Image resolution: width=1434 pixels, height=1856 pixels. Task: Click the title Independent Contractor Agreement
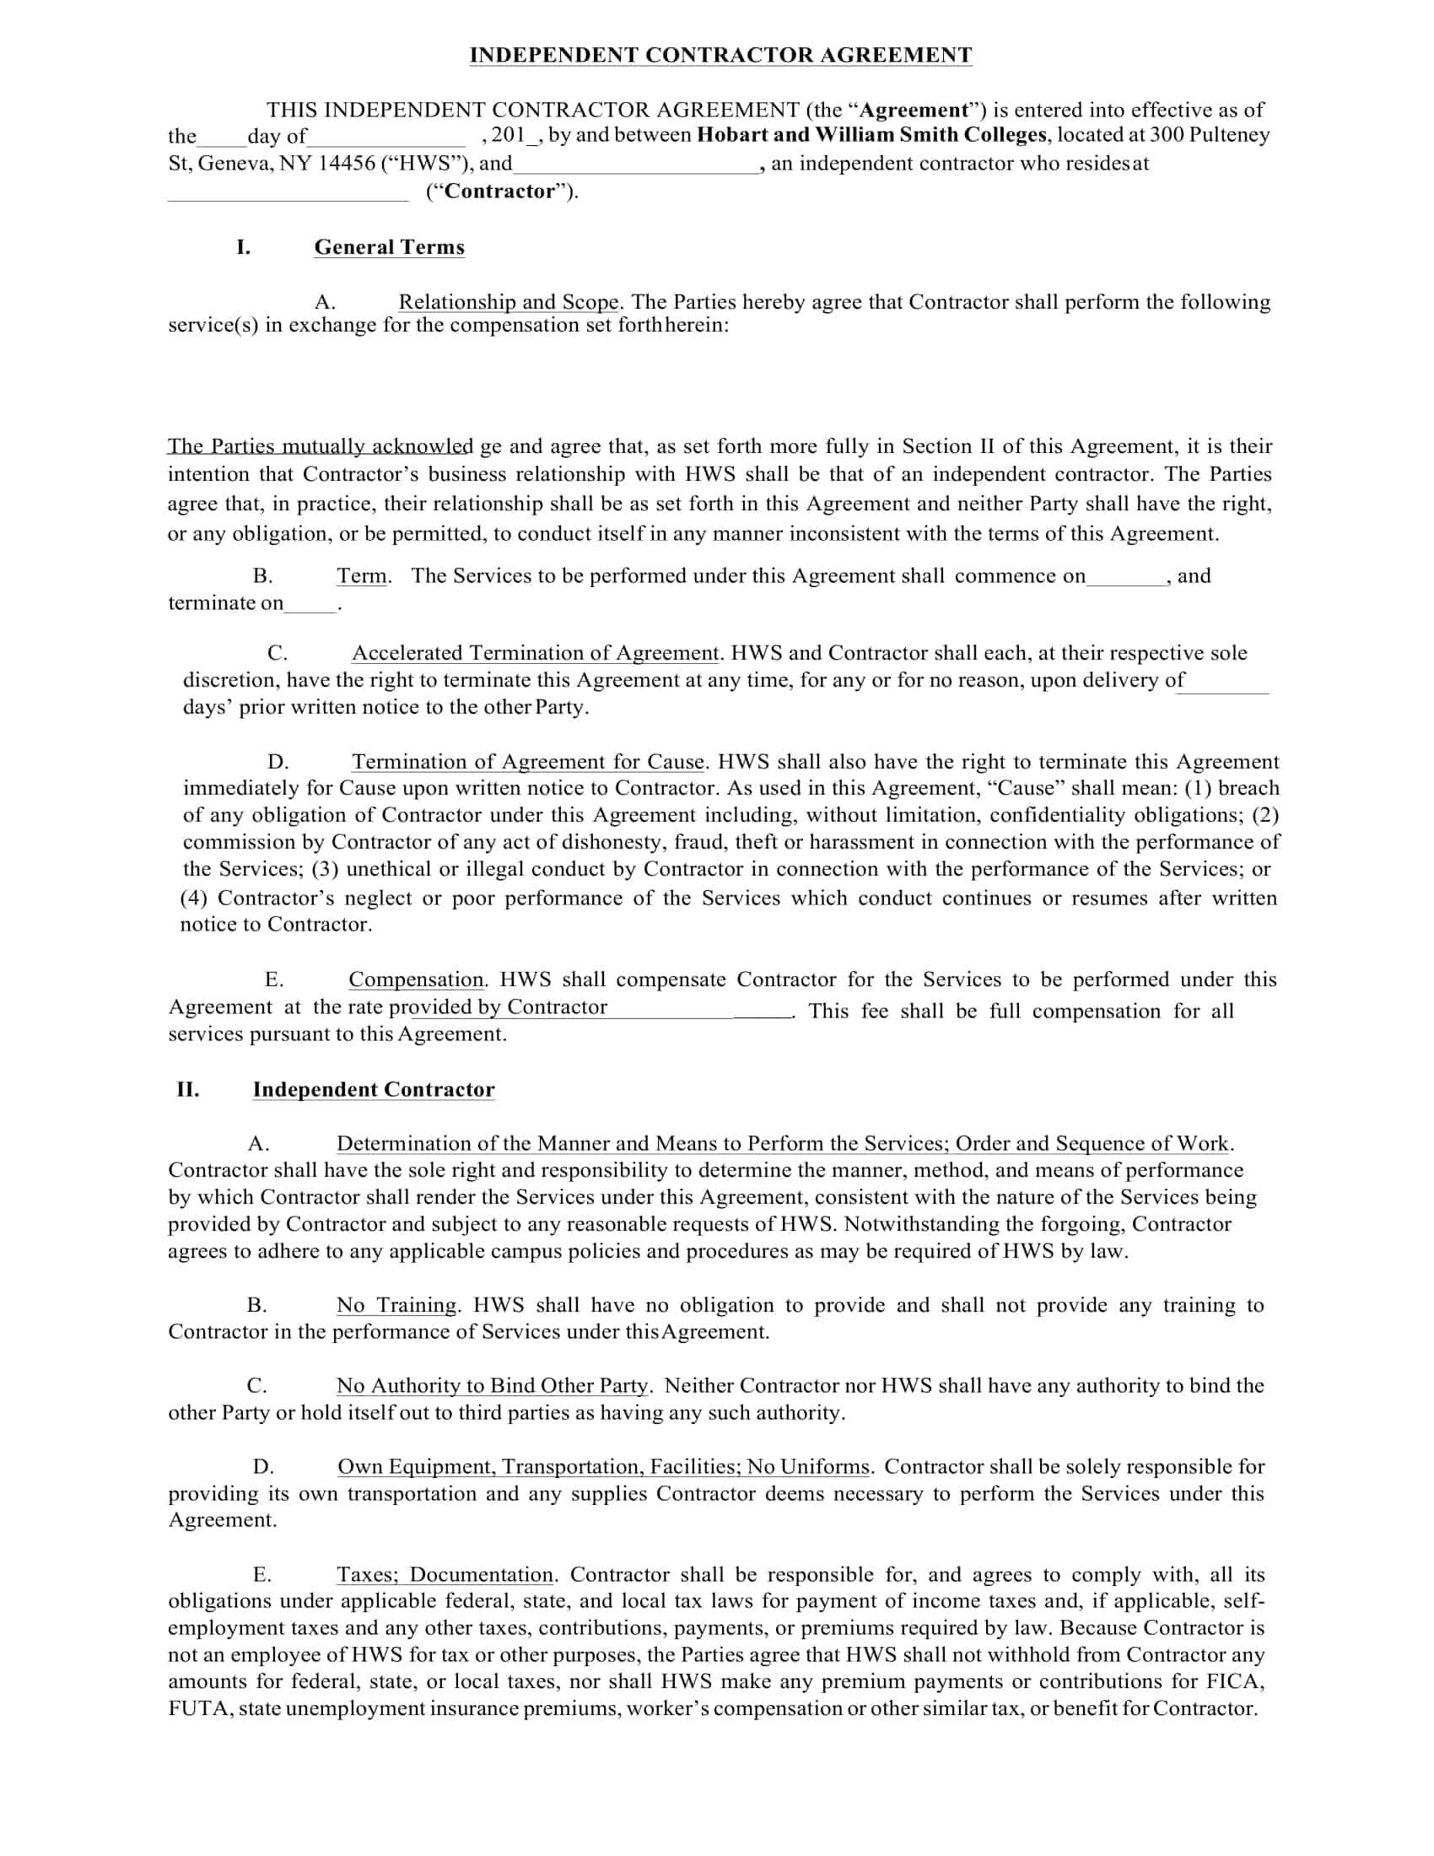click(720, 55)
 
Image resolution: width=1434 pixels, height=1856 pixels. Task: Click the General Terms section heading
click(389, 247)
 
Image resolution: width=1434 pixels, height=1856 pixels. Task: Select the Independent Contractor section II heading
click(373, 1089)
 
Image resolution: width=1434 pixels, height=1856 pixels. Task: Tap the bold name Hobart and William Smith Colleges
click(871, 135)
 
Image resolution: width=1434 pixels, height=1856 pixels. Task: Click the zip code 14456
click(347, 163)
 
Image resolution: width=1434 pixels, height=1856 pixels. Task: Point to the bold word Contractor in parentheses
click(499, 192)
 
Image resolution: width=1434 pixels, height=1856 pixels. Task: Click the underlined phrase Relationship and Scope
click(508, 303)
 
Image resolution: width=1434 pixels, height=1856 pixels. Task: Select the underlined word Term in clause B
click(362, 576)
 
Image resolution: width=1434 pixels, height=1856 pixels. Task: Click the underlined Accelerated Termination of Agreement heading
click(535, 654)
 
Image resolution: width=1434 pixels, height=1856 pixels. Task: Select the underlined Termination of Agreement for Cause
click(528, 763)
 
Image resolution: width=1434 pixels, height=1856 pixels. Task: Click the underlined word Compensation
click(415, 979)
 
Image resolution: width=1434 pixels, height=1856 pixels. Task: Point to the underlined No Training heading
click(396, 1305)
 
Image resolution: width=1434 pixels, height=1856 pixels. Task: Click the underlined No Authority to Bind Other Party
click(493, 1386)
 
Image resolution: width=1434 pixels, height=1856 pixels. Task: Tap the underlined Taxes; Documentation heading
click(445, 1575)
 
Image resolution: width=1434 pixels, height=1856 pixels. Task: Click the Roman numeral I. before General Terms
click(243, 247)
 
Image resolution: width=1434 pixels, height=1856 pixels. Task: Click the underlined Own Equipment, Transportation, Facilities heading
click(603, 1467)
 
